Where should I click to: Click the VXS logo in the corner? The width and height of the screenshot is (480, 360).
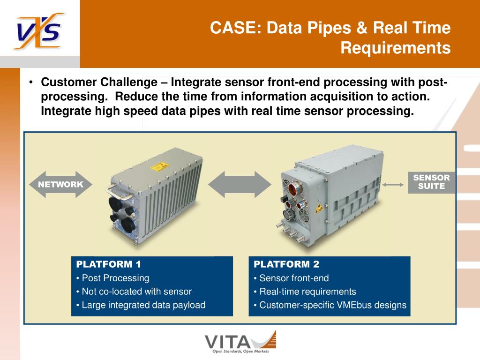tap(39, 31)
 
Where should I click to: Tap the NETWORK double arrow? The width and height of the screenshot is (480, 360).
tap(60, 184)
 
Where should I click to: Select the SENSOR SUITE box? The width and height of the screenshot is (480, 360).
tap(431, 182)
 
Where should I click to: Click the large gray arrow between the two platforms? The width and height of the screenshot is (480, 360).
tap(240, 184)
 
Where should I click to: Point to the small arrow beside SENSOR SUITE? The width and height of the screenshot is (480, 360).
tap(393, 185)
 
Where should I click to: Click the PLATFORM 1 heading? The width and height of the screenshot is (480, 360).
tap(109, 264)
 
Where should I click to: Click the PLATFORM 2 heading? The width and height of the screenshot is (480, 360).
tap(286, 264)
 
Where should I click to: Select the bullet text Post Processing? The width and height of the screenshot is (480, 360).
tap(115, 278)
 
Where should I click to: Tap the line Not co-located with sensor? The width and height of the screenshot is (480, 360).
tap(136, 292)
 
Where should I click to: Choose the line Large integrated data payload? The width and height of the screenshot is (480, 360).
tap(143, 305)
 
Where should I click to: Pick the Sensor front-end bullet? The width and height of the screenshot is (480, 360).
tap(294, 278)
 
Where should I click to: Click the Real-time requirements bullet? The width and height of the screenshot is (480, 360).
tap(307, 292)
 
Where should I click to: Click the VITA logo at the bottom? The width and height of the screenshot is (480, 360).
tap(240, 342)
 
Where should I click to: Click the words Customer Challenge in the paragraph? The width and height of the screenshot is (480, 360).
tap(99, 82)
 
